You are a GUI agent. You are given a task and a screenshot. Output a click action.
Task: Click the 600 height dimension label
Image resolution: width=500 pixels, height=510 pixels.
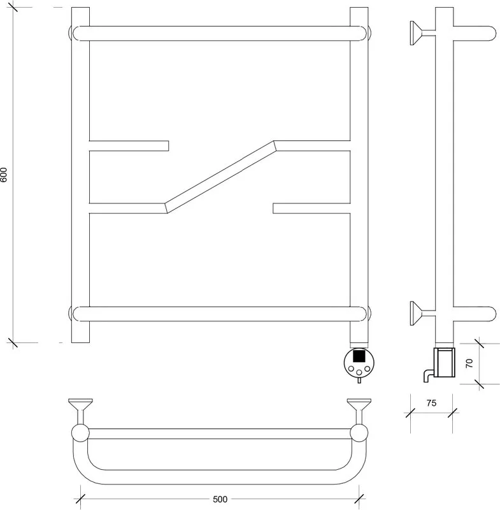pos(4,175)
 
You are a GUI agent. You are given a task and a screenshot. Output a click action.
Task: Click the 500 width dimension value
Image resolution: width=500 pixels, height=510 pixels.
pos(220,499)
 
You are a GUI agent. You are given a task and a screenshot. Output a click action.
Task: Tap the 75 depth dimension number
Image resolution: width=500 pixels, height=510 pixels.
pos(431,403)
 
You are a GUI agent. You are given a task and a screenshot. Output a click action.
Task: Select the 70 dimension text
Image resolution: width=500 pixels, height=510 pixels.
pos(469,363)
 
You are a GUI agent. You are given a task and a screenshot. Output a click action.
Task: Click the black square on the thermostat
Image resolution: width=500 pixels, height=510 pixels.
pos(359,355)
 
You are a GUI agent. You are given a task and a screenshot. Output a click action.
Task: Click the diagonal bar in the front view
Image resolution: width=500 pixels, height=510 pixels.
pos(220,177)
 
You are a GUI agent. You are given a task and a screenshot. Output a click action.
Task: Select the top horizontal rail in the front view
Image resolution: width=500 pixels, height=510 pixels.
pos(220,34)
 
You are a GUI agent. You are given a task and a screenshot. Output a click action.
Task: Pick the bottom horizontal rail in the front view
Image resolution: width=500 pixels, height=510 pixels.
pos(220,314)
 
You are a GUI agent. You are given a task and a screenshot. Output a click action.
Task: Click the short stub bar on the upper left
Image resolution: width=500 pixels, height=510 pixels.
pos(129,146)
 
